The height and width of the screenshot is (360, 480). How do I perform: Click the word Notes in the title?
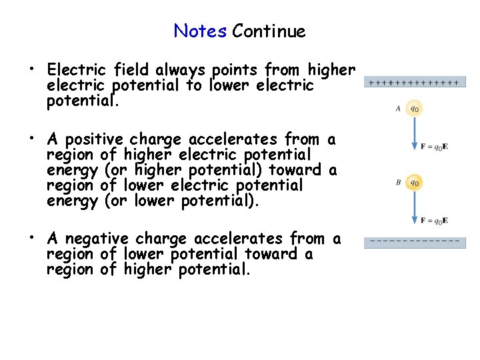pyautogui.click(x=200, y=31)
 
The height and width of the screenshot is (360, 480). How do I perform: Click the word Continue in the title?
pyautogui.click(x=269, y=31)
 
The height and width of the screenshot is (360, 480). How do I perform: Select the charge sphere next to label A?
pyautogui.click(x=414, y=107)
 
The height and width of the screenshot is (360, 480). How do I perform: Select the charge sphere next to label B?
pyautogui.click(x=414, y=182)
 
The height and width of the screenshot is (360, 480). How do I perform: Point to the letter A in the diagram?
pyautogui.click(x=398, y=108)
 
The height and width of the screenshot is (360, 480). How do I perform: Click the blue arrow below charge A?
pyautogui.click(x=414, y=133)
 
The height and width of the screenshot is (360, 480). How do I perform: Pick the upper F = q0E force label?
pyautogui.click(x=434, y=147)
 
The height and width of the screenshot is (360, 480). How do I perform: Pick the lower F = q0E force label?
pyautogui.click(x=434, y=221)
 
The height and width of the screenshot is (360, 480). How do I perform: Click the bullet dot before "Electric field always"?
pyautogui.click(x=31, y=70)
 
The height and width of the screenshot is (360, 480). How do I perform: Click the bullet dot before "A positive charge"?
pyautogui.click(x=31, y=140)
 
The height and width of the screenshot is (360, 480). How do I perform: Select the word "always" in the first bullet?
pyautogui.click(x=182, y=70)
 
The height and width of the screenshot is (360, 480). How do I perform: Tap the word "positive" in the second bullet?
pyautogui.click(x=93, y=140)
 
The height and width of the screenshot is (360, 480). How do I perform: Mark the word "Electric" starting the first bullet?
pyautogui.click(x=77, y=70)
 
